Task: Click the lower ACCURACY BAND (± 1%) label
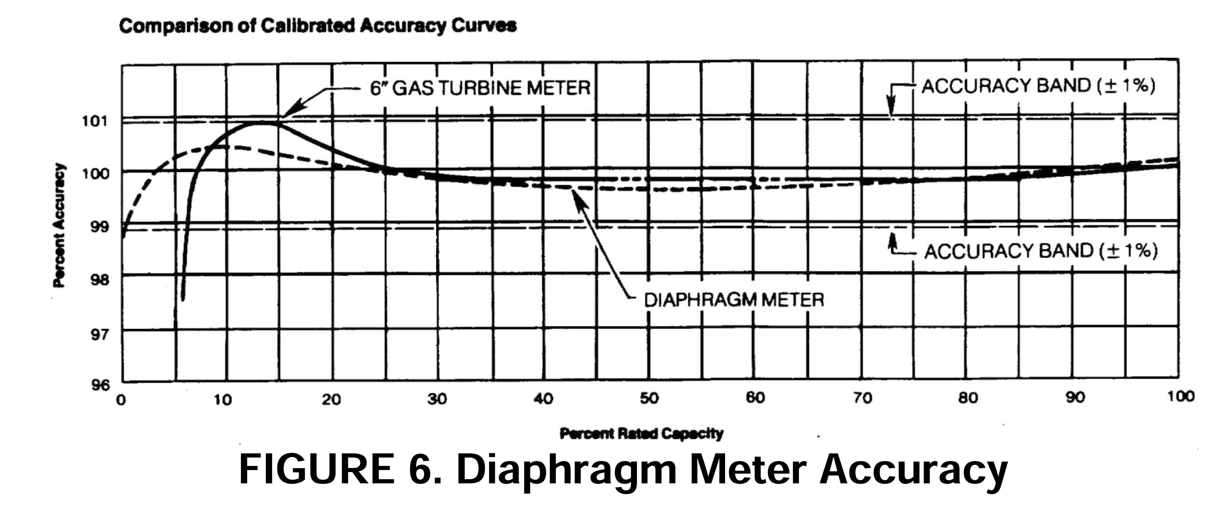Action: (1040, 251)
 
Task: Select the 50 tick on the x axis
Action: (649, 399)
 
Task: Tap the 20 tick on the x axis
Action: (331, 400)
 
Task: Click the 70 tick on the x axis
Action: (862, 398)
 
